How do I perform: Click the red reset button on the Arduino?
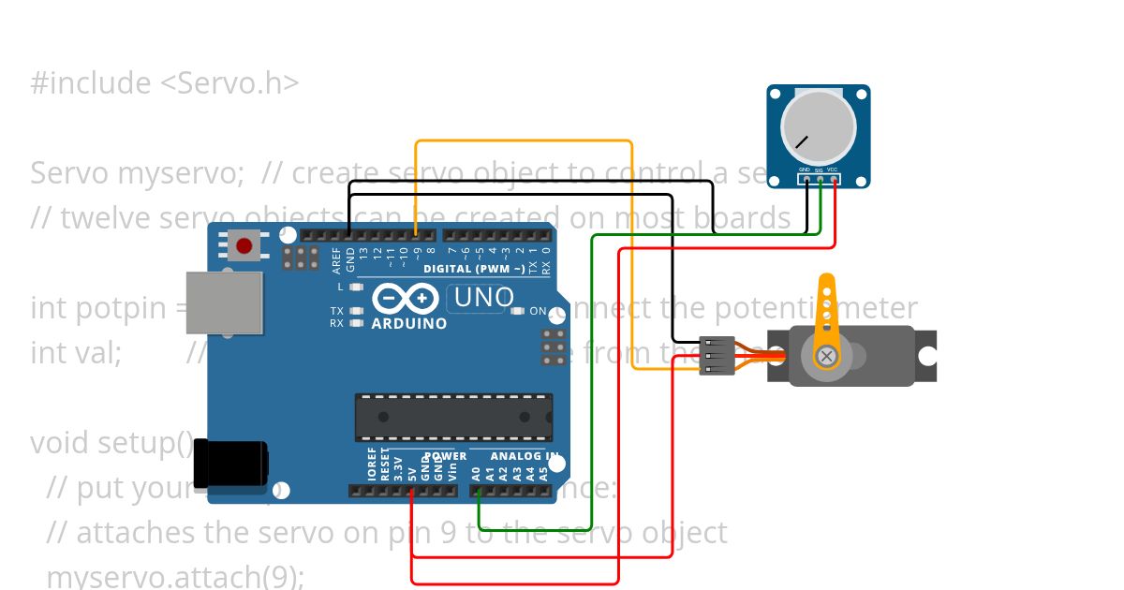pyautogui.click(x=244, y=246)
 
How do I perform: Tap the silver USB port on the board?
pyautogui.click(x=224, y=302)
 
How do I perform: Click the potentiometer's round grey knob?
pyautogui.click(x=818, y=129)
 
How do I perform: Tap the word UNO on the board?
pyautogui.click(x=483, y=298)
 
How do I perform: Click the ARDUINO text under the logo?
pyautogui.click(x=408, y=324)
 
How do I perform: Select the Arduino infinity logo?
pyautogui.click(x=406, y=299)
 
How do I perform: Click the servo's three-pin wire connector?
pyautogui.click(x=717, y=356)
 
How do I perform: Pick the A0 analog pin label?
pyautogui.click(x=476, y=473)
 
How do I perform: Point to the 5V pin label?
pyautogui.click(x=412, y=473)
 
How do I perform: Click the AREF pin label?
pyautogui.click(x=337, y=258)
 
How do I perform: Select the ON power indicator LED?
pyautogui.click(x=517, y=311)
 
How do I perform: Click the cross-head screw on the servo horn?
pyautogui.click(x=826, y=356)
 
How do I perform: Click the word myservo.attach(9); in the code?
pyautogui.click(x=175, y=576)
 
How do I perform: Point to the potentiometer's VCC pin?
pyautogui.click(x=834, y=178)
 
